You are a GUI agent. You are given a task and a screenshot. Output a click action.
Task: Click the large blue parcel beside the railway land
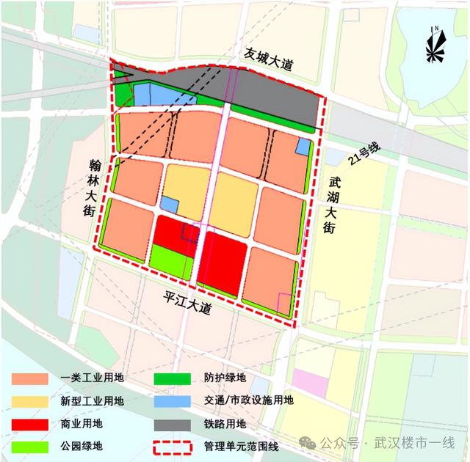(x=166, y=95)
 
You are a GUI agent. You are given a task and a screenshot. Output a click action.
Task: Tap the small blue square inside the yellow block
(x=170, y=205)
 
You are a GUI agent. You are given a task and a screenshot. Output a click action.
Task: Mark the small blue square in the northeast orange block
(x=302, y=147)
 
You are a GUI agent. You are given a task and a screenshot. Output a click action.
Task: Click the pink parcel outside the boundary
(x=310, y=383)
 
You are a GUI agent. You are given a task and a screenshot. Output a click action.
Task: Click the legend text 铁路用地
(x=225, y=423)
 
